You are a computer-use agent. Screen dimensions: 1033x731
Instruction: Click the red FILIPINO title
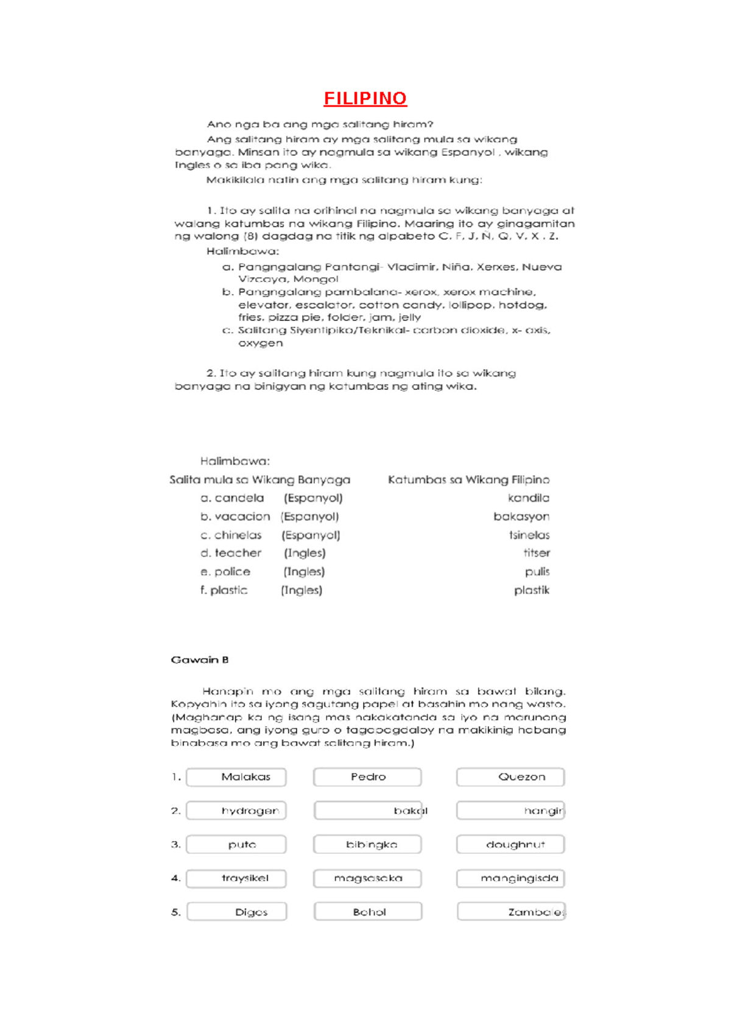coord(365,98)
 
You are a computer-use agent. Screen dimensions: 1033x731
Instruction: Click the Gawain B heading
coord(200,660)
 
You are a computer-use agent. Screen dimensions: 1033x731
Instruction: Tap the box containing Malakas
coord(236,777)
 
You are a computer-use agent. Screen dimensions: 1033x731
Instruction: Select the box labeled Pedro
coord(367,777)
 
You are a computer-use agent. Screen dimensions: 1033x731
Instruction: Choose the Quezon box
coord(510,777)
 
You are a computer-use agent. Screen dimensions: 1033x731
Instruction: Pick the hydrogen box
coord(236,811)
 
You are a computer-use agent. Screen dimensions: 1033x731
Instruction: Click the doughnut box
coord(510,845)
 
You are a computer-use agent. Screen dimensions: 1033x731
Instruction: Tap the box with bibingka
coord(367,845)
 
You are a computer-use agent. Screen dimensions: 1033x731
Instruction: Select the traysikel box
coord(236,878)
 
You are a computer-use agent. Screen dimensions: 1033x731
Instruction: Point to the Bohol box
coord(368,912)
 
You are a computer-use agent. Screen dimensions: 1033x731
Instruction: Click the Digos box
coord(237,912)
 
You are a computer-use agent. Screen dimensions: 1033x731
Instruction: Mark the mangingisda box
coord(510,878)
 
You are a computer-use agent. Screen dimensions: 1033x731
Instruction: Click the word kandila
coord(528,498)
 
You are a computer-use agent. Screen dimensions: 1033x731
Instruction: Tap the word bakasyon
coord(521,516)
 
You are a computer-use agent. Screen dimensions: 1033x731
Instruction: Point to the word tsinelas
coord(529,535)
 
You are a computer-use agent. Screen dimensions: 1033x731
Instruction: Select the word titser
coord(537,553)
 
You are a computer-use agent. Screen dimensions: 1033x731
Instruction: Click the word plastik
coord(532,590)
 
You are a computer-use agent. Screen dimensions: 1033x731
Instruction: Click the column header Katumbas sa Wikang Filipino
coord(468,480)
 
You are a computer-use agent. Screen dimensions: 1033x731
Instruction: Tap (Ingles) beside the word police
coord(304,572)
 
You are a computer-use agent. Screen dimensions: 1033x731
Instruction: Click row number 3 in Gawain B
coord(175,845)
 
